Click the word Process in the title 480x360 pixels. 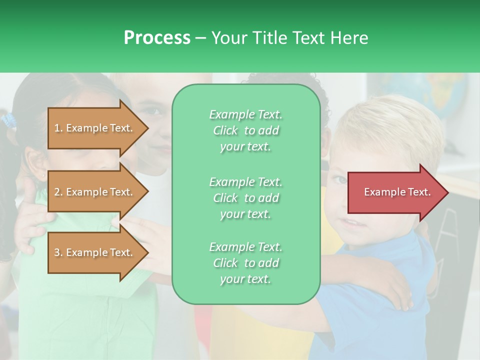pos(157,38)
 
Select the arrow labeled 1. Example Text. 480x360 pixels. pos(95,128)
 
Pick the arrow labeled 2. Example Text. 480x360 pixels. pos(95,192)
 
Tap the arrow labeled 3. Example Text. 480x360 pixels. pos(95,252)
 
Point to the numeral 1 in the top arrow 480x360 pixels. pos(56,128)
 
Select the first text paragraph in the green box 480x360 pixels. pos(245,130)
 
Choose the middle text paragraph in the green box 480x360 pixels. pos(245,197)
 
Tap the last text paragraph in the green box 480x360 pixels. pos(245,263)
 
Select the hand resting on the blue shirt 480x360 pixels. pos(395,290)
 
